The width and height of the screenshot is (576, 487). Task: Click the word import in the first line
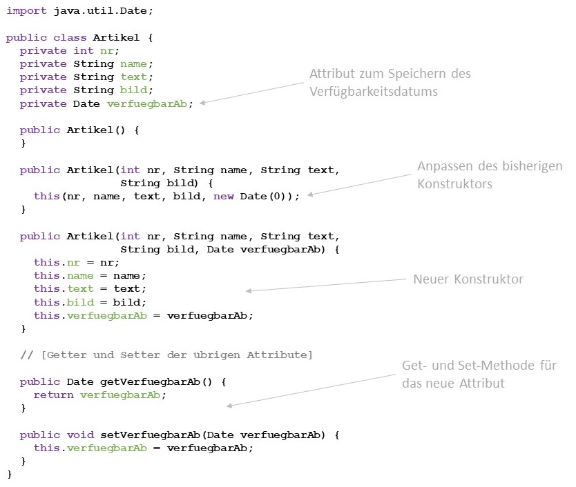coord(26,12)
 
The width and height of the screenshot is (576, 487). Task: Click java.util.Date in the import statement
coord(93,12)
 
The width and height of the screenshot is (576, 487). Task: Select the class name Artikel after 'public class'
coord(116,37)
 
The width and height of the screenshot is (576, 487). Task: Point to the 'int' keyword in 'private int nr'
coord(83,50)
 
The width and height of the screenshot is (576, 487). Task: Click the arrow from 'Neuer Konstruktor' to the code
coord(325,285)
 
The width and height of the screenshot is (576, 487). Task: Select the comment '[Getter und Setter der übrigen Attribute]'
coord(176,355)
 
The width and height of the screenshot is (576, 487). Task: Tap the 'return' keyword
coord(53,395)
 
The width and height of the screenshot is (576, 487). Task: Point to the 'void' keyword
coord(79,435)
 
